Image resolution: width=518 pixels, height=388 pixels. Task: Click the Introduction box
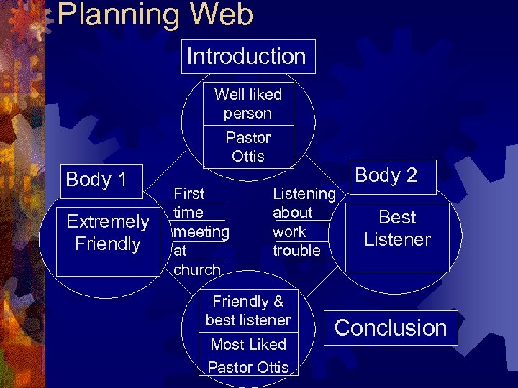[247, 56]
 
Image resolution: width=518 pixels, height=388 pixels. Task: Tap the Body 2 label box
[386, 176]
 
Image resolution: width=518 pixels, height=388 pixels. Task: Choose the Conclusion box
[391, 328]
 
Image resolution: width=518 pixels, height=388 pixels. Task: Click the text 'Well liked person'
[247, 103]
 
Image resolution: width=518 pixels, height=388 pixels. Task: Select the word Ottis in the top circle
[248, 156]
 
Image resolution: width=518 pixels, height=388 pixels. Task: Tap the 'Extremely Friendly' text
[108, 233]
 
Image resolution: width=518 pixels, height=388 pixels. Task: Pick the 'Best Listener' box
[397, 228]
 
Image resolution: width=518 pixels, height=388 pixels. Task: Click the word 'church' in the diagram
[197, 270]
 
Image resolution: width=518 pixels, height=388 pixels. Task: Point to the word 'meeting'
[201, 232]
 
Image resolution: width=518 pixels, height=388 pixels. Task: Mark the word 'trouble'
[296, 251]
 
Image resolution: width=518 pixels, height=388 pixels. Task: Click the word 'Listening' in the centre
[304, 193]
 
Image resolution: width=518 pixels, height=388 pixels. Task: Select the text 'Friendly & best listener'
[247, 311]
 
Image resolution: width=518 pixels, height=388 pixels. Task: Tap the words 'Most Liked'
[248, 345]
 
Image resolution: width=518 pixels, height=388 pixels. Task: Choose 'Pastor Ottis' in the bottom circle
[248, 367]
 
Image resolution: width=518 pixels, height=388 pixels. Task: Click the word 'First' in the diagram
[189, 193]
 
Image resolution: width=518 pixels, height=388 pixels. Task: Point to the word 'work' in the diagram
[289, 232]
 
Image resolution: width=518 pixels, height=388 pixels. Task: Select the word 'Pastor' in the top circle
[248, 137]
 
